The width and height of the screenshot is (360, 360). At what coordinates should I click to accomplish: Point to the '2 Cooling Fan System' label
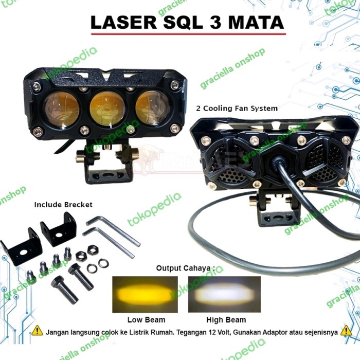pos(237,109)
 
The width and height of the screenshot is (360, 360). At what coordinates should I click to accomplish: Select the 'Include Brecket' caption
pos(63,204)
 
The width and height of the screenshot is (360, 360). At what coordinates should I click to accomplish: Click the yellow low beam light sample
pos(145,295)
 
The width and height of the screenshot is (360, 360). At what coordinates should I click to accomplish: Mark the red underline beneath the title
pos(188,34)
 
